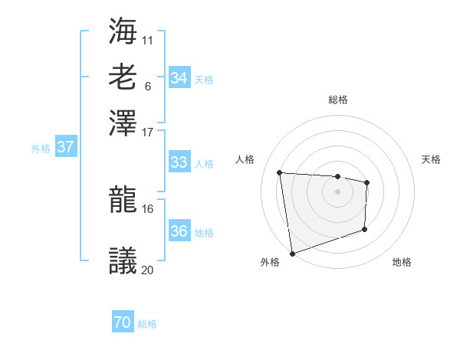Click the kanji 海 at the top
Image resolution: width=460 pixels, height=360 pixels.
tap(123, 32)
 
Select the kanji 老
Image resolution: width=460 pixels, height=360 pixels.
tap(123, 77)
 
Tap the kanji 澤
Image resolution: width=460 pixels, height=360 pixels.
tap(123, 123)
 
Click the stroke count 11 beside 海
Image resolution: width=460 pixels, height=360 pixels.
tap(148, 39)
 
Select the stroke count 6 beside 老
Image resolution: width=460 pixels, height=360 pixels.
tap(147, 85)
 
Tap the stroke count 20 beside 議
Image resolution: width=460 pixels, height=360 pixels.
tap(147, 269)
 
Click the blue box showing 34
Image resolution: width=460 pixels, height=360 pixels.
tap(179, 77)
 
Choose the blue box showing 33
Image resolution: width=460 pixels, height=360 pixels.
tap(179, 162)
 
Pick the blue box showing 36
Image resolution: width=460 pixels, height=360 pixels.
tap(179, 231)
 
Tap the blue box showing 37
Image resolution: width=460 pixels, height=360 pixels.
tap(65, 147)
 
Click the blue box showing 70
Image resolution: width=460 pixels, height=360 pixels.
tap(122, 323)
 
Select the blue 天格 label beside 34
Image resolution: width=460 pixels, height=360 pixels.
tap(204, 79)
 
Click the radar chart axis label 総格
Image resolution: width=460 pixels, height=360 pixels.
tap(337, 100)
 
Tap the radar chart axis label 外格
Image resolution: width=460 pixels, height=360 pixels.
tap(270, 263)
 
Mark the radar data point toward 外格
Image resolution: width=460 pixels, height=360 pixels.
tap(292, 253)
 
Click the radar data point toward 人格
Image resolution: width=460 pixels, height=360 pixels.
tap(280, 172)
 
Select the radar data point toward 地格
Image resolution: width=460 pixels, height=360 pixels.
tap(365, 229)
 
